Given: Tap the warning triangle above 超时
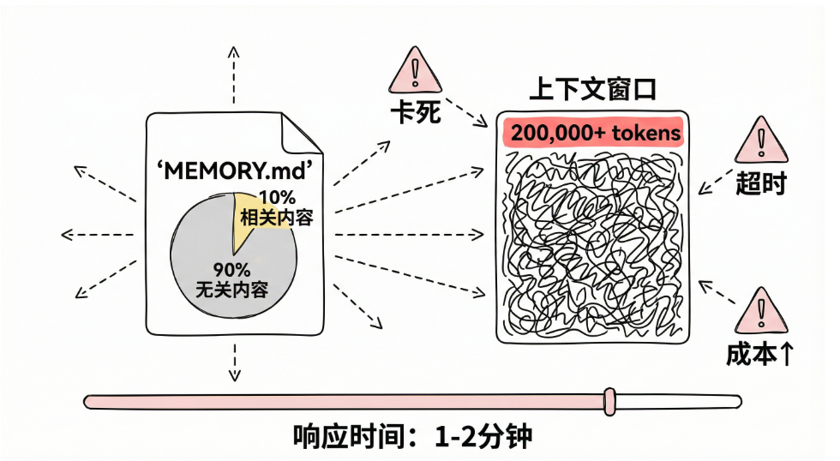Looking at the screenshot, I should coord(759,141).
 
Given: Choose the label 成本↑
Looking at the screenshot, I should coord(759,354).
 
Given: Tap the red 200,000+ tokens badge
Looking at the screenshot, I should coord(592,133).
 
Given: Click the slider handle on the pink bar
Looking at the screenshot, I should coord(609,400).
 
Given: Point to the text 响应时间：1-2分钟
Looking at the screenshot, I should coord(412,436).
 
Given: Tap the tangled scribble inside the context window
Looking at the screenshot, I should coord(592,244).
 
